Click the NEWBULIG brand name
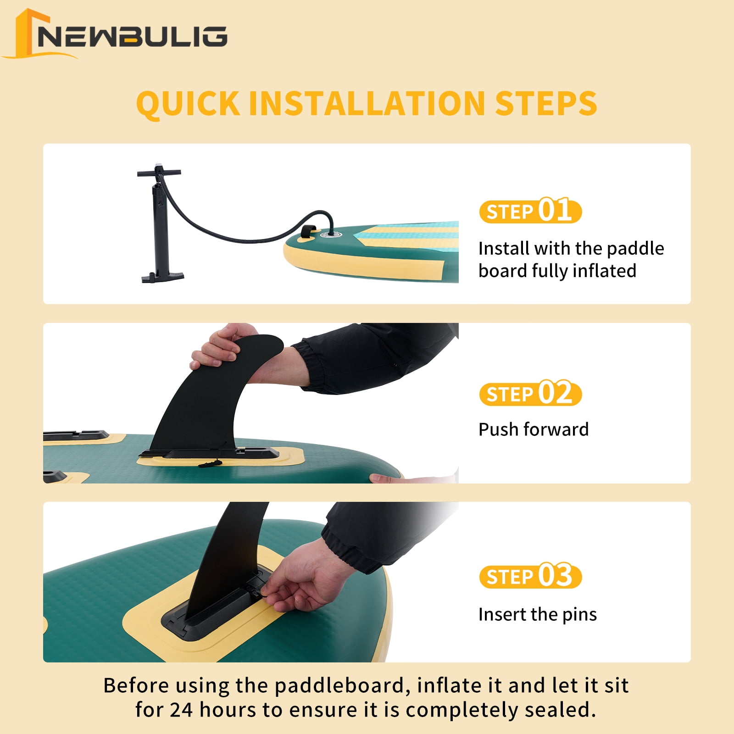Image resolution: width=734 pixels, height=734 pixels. click(x=132, y=37)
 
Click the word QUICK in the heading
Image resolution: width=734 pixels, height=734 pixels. click(x=188, y=104)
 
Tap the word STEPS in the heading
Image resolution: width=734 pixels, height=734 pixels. click(x=546, y=103)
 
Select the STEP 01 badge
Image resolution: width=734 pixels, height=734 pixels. click(x=530, y=211)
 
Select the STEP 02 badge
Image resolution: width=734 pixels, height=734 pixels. click(x=530, y=394)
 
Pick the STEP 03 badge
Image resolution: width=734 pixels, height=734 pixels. click(x=530, y=576)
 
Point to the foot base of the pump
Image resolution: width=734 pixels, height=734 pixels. click(x=162, y=277)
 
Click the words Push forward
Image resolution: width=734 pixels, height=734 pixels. click(x=533, y=429)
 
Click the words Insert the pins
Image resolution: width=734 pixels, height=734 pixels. click(x=537, y=614)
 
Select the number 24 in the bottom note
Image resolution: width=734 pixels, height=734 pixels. click(x=181, y=710)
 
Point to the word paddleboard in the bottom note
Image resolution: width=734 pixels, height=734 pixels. click(x=339, y=686)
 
